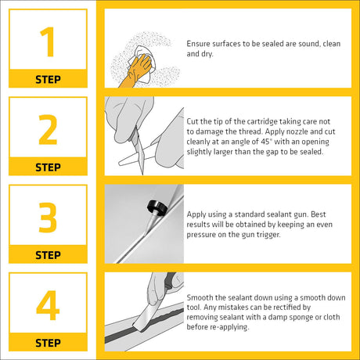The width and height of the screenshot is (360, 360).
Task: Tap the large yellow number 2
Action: (48, 130)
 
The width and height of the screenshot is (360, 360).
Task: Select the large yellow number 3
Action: (48, 218)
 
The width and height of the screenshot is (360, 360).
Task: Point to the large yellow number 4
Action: (48, 305)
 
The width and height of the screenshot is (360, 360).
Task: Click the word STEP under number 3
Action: (48, 255)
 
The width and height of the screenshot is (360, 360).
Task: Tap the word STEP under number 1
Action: (48, 79)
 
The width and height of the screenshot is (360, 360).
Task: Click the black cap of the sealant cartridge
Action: (157, 207)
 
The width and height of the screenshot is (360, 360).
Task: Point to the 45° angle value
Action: (266, 142)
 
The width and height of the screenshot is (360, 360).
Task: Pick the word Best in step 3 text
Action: (319, 214)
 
